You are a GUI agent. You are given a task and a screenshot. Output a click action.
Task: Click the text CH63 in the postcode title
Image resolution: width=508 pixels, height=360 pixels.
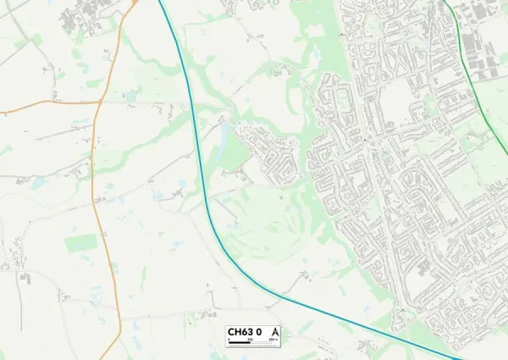(239, 331)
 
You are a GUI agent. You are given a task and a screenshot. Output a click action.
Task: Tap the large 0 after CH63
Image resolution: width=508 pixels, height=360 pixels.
(258, 331)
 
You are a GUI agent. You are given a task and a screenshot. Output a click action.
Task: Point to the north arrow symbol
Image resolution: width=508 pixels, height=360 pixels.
(274, 331)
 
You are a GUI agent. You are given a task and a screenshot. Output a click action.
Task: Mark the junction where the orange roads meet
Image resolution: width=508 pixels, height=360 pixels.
(100, 102)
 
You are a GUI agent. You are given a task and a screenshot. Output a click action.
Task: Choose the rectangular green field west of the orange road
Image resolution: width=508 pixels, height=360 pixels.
(81, 243)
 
